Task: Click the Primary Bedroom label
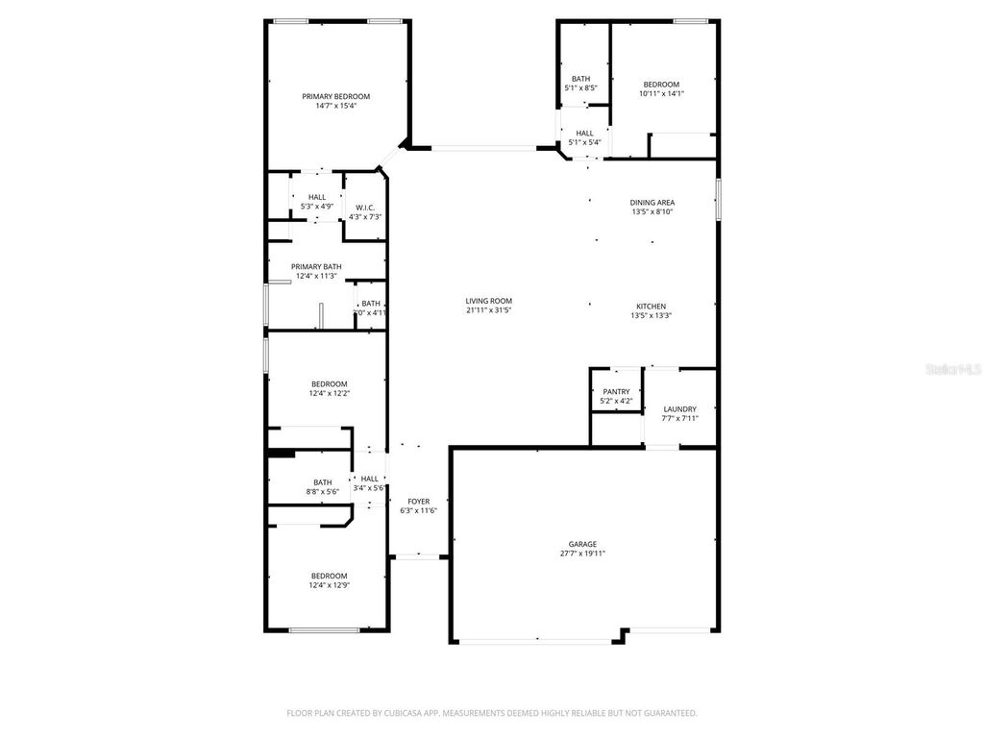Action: [x=335, y=96]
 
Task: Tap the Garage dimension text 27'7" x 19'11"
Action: [x=582, y=553]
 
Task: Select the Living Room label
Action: [x=488, y=301]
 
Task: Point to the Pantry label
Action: [x=616, y=391]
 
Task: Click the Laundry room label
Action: [x=679, y=408]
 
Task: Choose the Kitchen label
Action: [x=649, y=306]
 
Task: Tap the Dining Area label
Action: [x=652, y=203]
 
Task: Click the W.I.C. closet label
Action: [x=365, y=208]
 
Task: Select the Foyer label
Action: [x=419, y=502]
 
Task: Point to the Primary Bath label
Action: [x=316, y=266]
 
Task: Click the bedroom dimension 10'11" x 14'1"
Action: [x=661, y=94]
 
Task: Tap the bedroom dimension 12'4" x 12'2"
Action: [x=329, y=393]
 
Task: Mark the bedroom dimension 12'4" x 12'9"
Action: [x=329, y=585]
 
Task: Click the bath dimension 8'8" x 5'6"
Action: [x=323, y=492]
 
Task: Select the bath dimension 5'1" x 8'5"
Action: [x=580, y=88]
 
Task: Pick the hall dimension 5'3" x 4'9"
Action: [x=317, y=206]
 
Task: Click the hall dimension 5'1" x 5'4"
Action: [x=584, y=143]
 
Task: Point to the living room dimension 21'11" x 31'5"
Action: [x=488, y=310]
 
